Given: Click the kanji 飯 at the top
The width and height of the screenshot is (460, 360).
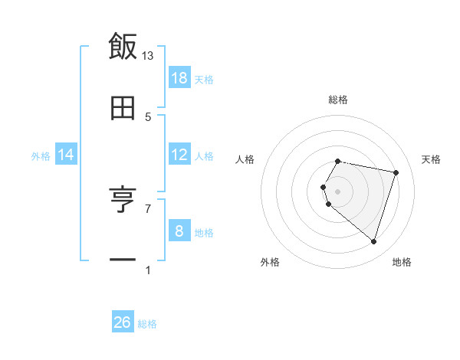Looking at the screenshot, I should [x=123, y=46].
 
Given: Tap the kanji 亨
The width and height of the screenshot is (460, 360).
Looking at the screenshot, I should [x=123, y=200].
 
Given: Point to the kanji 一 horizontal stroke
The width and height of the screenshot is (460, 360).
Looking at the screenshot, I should [x=123, y=261].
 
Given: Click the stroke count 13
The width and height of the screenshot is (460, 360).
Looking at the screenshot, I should [x=148, y=56].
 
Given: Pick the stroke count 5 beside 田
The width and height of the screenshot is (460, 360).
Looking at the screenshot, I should [x=148, y=117].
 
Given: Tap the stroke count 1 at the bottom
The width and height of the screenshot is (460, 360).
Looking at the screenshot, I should [x=148, y=270].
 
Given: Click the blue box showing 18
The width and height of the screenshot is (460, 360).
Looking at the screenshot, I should [x=179, y=78].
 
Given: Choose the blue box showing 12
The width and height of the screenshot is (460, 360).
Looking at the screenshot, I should [x=179, y=155].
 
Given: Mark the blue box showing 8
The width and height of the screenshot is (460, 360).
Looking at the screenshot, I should [x=179, y=231].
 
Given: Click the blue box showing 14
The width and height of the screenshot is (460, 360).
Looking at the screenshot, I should [x=66, y=155].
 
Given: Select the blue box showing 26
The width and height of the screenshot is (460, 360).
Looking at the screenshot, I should [x=123, y=322].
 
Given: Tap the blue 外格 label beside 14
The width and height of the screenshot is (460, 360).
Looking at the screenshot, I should [x=41, y=156].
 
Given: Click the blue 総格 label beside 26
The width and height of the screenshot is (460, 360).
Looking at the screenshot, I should [x=147, y=324].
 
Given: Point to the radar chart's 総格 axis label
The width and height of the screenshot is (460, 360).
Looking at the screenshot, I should [x=338, y=100].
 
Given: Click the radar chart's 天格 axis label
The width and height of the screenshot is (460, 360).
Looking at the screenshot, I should [x=432, y=159].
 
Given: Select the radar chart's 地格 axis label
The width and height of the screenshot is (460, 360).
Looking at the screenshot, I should [x=402, y=262].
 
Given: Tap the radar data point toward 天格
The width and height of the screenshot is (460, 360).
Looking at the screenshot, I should [x=396, y=172].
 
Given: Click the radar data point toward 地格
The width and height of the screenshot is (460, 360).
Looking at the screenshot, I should [x=373, y=242].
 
